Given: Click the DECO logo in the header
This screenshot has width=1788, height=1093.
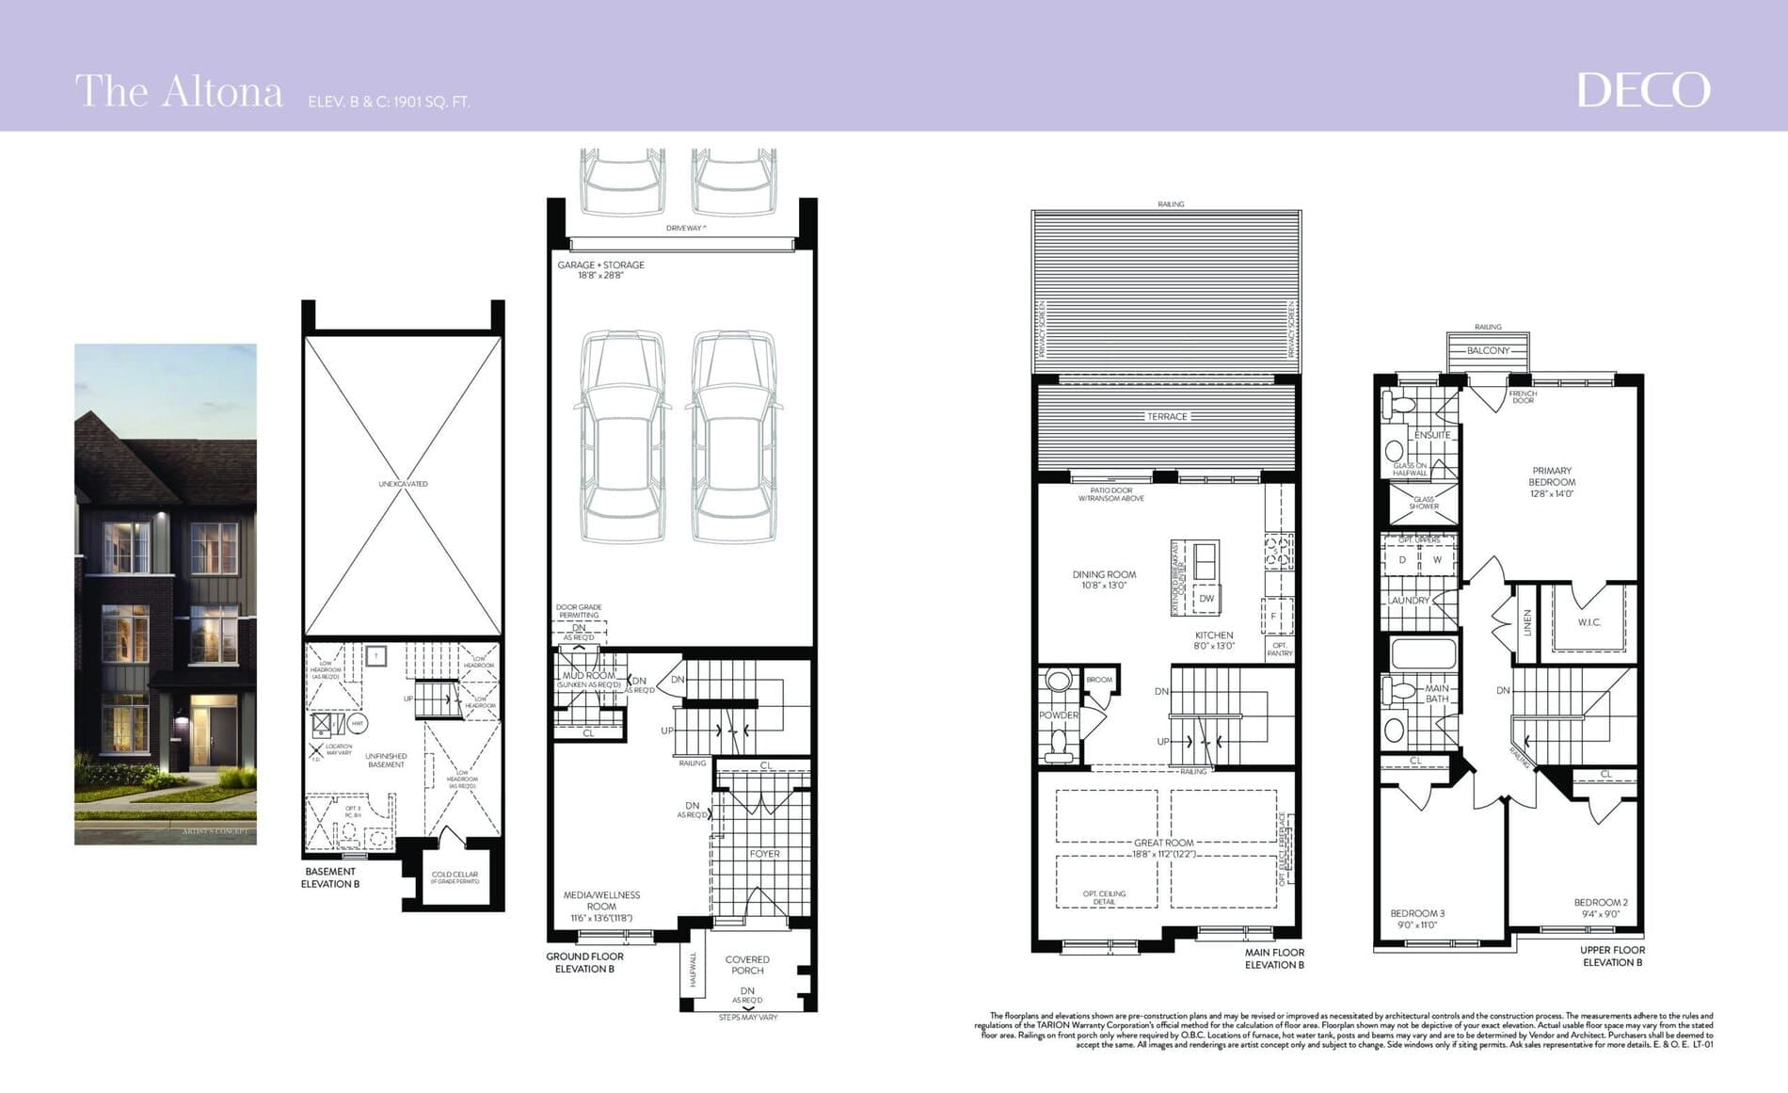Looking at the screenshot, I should pyautogui.click(x=1643, y=90).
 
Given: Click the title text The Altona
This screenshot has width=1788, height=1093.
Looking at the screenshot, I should pyautogui.click(x=179, y=92).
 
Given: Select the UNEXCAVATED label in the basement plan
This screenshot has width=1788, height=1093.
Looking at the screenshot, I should pyautogui.click(x=403, y=484).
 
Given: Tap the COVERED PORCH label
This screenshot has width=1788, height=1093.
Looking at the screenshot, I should pyautogui.click(x=747, y=965).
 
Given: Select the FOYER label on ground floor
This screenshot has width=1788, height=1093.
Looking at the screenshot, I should pyautogui.click(x=764, y=854).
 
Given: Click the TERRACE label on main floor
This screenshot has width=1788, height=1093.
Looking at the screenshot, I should pyautogui.click(x=1167, y=416).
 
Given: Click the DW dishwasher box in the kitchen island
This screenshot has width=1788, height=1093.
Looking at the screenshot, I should pyautogui.click(x=1206, y=599).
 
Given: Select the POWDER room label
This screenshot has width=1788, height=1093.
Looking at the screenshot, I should pyautogui.click(x=1059, y=715).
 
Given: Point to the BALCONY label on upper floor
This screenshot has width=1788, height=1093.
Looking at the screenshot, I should pyautogui.click(x=1488, y=350).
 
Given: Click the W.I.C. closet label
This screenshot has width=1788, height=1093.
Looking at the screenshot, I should pyautogui.click(x=1589, y=622).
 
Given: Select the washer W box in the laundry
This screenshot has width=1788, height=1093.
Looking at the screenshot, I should pyautogui.click(x=1437, y=559).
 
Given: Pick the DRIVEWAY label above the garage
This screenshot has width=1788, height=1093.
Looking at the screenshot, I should pyautogui.click(x=684, y=229).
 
